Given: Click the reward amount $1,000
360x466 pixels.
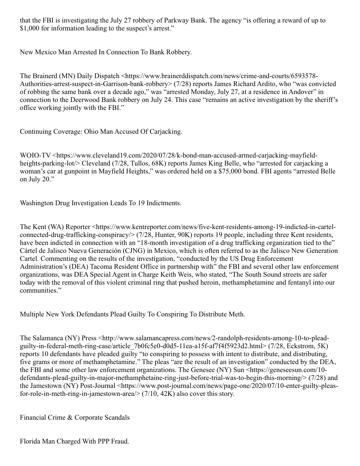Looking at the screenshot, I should (30, 29).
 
